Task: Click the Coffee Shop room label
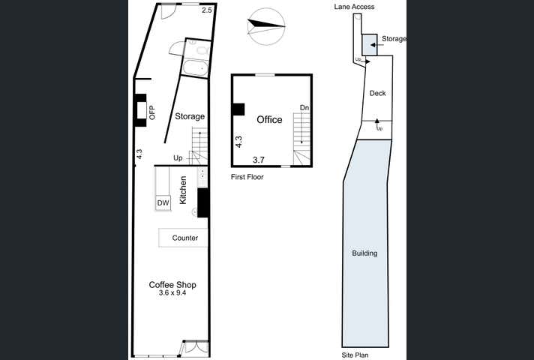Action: [172, 284]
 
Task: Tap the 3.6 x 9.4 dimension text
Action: [172, 293]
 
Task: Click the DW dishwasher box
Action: [163, 202]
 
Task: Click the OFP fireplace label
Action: [151, 112]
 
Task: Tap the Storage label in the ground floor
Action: [190, 116]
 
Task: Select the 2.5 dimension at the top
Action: [207, 10]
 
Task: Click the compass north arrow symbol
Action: [267, 25]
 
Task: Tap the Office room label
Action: [269, 120]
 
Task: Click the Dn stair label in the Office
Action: [304, 107]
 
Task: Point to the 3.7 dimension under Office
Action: [259, 160]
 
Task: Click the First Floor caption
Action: [247, 177]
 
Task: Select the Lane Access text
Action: [354, 7]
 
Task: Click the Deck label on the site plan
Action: [377, 93]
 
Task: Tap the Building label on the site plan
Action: [364, 253]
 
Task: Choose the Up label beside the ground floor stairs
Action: [178, 157]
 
